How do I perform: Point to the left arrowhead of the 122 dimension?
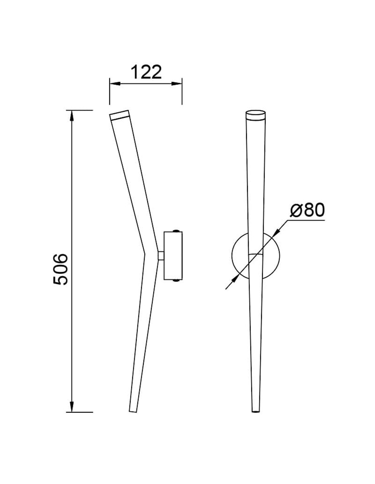click(115, 84)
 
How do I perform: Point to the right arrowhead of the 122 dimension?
click(177, 84)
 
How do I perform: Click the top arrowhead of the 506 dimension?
click(72, 115)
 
